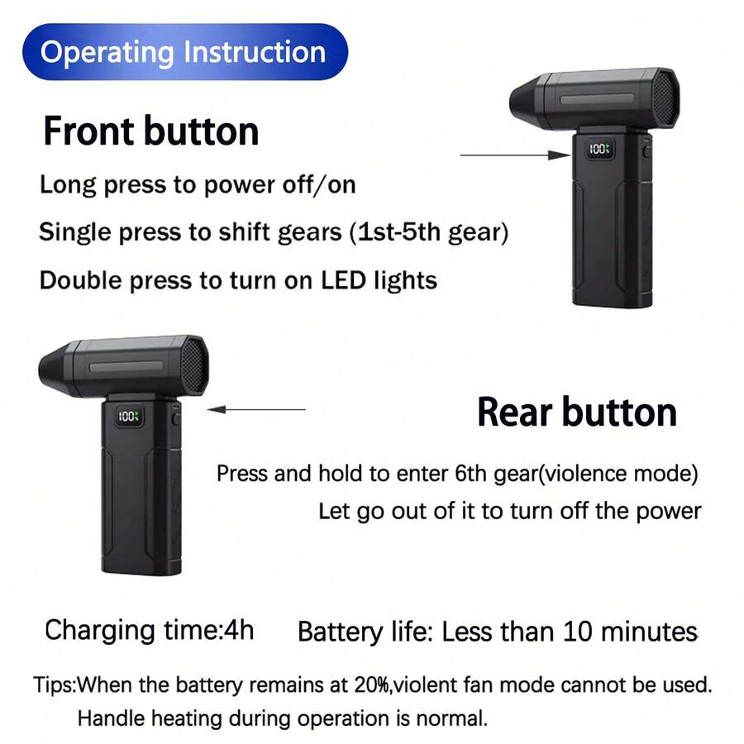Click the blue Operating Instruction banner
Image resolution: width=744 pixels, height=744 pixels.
point(185,52)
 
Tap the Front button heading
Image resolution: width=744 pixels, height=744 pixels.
point(151,131)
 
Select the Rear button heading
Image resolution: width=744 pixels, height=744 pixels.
point(577,412)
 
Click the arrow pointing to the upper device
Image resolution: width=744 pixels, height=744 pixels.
point(515,155)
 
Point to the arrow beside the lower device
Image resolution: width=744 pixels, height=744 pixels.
point(256,409)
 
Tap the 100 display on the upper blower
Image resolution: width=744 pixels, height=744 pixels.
point(599,149)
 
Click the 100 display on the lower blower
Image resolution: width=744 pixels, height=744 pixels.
point(129,416)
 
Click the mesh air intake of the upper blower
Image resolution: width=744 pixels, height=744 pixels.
point(665,98)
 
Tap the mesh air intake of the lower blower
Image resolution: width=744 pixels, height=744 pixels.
point(193,365)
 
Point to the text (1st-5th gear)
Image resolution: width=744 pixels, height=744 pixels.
point(429,232)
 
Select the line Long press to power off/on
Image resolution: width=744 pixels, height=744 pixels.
point(198,184)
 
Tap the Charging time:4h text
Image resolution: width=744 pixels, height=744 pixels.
point(150,630)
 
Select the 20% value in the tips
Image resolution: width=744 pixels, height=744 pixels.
point(372,684)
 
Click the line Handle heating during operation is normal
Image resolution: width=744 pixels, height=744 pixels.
point(283,718)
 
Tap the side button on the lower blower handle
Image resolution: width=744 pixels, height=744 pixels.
point(175,418)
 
